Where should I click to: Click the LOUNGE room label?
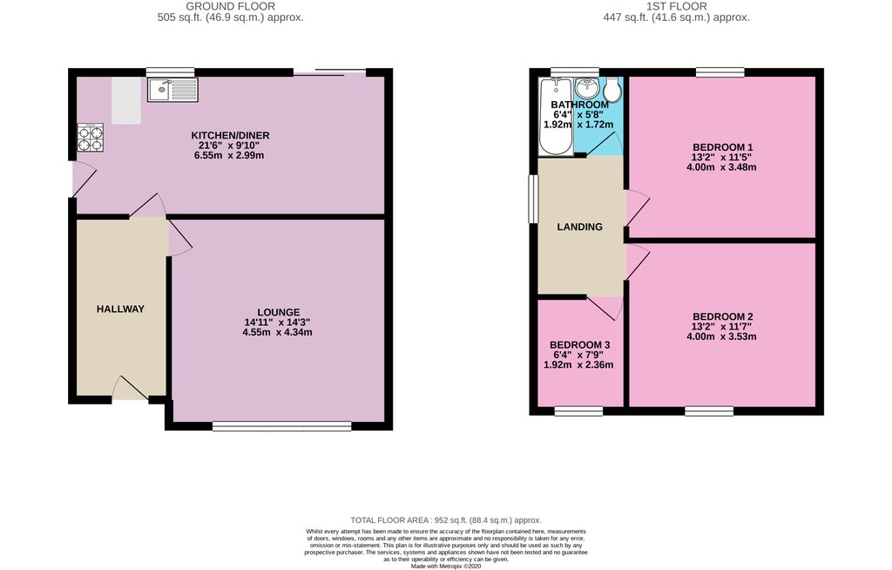pyautogui.click(x=278, y=312)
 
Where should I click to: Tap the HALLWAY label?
pyautogui.click(x=120, y=309)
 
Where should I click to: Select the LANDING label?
pyautogui.click(x=579, y=227)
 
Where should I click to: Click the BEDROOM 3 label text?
pyautogui.click(x=579, y=345)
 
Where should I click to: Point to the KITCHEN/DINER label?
pyautogui.click(x=230, y=135)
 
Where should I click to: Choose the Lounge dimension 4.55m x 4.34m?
pyautogui.click(x=277, y=332)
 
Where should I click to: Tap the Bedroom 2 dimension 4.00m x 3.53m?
pyautogui.click(x=723, y=336)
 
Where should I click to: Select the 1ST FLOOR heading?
pyautogui.click(x=676, y=5)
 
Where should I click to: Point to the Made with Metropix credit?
pyautogui.click(x=446, y=566)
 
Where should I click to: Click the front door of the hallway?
pyautogui.click(x=130, y=390)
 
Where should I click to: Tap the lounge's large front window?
pyautogui.click(x=281, y=426)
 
